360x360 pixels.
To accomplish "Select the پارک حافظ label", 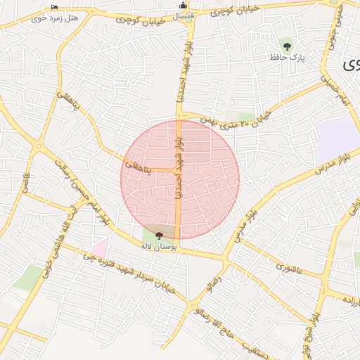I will tap(287, 56).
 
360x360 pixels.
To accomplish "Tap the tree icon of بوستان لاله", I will tap(159, 236).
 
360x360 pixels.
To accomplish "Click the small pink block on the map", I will tap(100, 247).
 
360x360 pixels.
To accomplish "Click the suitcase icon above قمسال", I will tap(183, 6).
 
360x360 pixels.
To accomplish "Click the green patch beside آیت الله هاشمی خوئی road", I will tap(29, 277).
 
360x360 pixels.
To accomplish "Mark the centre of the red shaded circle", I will tap(180, 179).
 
